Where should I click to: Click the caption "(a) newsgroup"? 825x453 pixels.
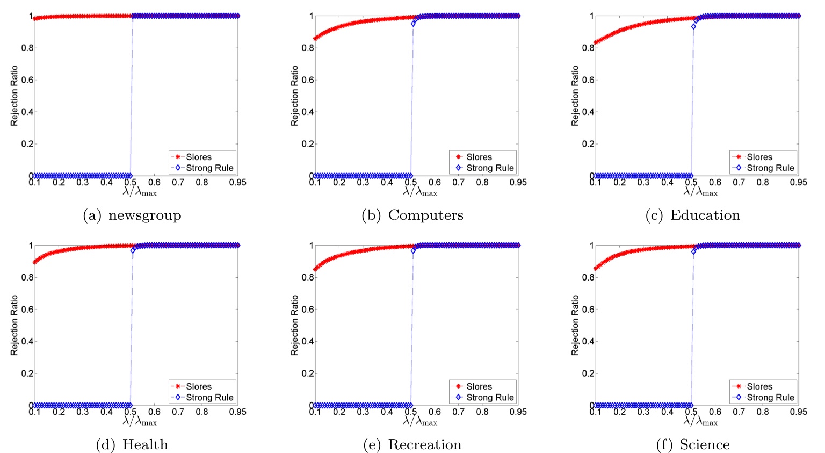click(132, 215)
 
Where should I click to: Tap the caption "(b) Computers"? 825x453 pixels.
click(412, 215)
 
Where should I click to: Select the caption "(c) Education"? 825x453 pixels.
click(692, 215)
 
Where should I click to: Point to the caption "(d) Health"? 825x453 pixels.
click(132, 445)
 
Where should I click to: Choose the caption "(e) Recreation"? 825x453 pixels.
click(412, 445)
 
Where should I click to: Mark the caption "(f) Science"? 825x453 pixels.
click(692, 445)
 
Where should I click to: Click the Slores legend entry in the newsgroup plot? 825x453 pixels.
click(199, 157)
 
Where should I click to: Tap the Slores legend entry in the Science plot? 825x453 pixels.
click(759, 386)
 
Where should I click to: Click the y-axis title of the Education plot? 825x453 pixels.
click(575, 96)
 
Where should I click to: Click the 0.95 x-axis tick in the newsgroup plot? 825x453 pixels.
click(237, 183)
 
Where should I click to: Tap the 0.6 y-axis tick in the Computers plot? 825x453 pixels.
click(307, 80)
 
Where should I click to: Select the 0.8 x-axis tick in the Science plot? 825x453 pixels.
click(763, 412)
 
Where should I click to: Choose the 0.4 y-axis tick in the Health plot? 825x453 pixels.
click(27, 341)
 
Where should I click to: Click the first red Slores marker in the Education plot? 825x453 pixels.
click(596, 42)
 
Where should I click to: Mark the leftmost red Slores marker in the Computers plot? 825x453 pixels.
click(315, 38)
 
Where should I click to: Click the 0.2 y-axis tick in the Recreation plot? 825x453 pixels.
click(307, 373)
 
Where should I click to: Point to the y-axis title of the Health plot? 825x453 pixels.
click(15, 325)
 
